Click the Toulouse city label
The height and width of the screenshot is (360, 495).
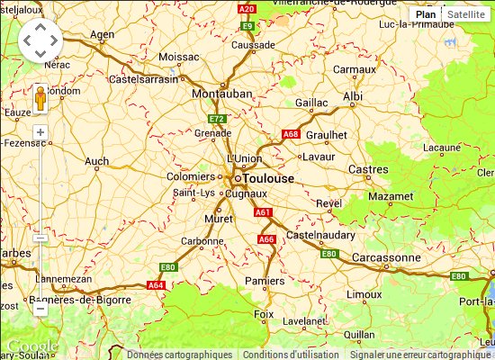tap(268, 178)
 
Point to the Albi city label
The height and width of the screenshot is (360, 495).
tap(353, 96)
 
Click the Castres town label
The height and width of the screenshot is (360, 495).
tap(368, 169)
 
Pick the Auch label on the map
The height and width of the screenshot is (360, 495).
tap(96, 162)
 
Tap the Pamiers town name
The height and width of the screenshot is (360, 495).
tap(264, 281)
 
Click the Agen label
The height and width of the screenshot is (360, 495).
tap(103, 35)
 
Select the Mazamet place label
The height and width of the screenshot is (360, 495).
tap(391, 195)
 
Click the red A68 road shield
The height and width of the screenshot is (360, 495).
tap(291, 134)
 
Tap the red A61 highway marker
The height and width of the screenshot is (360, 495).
tap(262, 212)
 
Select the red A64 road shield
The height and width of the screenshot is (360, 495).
tap(156, 284)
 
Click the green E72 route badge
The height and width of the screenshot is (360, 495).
tap(216, 118)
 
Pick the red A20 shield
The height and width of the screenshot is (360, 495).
tap(247, 8)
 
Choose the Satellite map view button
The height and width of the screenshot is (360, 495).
tap(465, 14)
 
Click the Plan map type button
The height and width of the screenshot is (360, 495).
tap(426, 14)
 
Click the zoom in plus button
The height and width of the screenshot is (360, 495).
tap(40, 132)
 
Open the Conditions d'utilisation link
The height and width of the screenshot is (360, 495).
tap(291, 355)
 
